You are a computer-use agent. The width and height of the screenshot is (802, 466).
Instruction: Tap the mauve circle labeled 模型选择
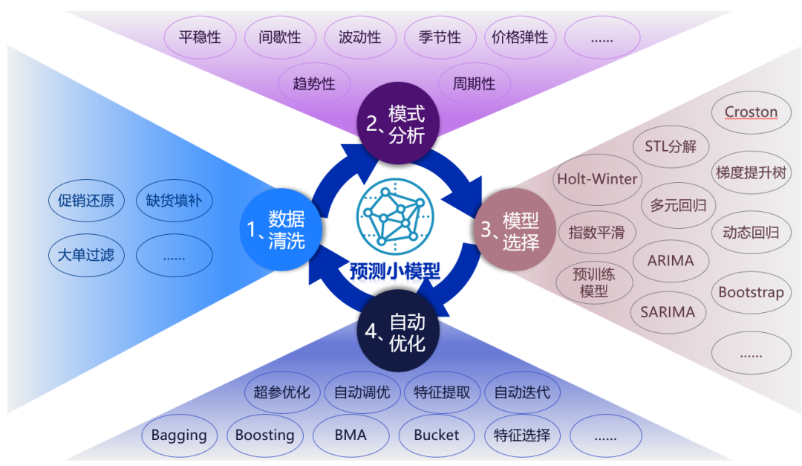(x=515, y=230)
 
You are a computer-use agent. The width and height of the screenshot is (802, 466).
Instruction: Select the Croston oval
(x=751, y=113)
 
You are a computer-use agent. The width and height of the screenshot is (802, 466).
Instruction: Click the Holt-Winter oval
(x=597, y=179)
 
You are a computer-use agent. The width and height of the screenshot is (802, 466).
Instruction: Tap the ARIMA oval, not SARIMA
(x=670, y=261)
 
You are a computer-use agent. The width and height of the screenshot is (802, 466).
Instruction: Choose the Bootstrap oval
(x=751, y=292)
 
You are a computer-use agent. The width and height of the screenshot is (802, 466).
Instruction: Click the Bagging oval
(x=179, y=435)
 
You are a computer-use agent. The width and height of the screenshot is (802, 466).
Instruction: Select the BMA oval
(x=351, y=435)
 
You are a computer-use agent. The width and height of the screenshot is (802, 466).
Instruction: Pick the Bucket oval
(x=437, y=435)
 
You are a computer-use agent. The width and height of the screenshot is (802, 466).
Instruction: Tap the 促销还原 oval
(x=86, y=200)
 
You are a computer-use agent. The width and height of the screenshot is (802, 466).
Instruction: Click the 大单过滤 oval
(x=86, y=256)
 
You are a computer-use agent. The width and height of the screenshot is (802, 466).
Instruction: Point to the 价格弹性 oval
(x=520, y=37)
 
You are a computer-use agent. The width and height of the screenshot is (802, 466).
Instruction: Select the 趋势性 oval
(x=314, y=84)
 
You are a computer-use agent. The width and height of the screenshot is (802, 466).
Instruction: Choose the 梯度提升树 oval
(x=751, y=172)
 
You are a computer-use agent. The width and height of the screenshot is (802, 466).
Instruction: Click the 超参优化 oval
(x=281, y=392)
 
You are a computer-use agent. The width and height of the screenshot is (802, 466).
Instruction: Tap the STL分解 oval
(x=670, y=146)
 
